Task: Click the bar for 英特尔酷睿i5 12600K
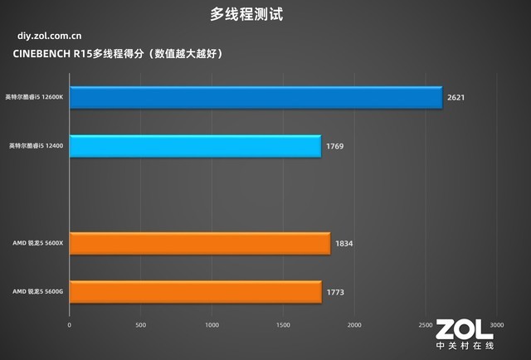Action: [x=256, y=98]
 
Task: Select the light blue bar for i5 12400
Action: [x=195, y=146]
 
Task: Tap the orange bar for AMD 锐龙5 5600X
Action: [x=200, y=244]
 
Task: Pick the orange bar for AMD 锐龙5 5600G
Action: [x=196, y=292]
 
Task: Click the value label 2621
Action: [x=455, y=98]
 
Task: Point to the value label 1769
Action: [x=334, y=146]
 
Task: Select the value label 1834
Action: [x=344, y=244]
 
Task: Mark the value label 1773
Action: [x=335, y=292]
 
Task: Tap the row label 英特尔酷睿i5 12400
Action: [x=37, y=146]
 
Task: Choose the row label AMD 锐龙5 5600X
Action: [x=37, y=244]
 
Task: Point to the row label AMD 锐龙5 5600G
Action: [x=37, y=292]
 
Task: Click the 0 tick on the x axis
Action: [x=70, y=324]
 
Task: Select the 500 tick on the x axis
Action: [x=141, y=324]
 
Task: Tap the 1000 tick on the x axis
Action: [x=212, y=324]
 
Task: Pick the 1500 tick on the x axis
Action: [x=284, y=324]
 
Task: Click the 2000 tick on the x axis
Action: [x=355, y=324]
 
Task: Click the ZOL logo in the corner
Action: [x=464, y=331]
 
